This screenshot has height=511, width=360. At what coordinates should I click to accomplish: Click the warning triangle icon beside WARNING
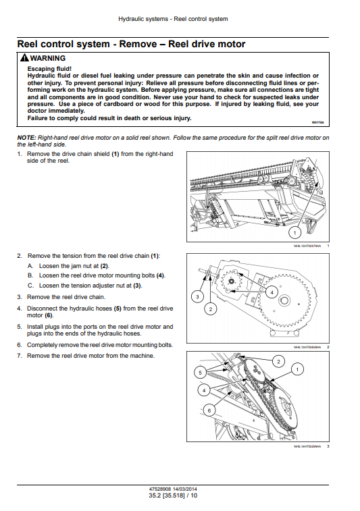[24, 58]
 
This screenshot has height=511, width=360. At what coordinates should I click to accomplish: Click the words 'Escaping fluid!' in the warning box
[49, 69]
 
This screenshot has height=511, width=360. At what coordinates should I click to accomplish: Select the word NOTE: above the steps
[26, 138]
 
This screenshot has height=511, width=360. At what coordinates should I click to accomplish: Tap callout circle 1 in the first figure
[295, 233]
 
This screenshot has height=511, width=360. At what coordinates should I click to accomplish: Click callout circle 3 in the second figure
[197, 296]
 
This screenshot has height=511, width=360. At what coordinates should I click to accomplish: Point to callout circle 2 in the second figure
[211, 309]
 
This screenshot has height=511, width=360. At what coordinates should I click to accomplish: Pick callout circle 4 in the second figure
[272, 292]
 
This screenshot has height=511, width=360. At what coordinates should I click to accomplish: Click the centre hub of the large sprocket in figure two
[285, 300]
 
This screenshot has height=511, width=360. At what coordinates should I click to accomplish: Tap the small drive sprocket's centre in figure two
[232, 281]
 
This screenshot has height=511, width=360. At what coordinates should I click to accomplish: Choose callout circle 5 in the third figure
[200, 373]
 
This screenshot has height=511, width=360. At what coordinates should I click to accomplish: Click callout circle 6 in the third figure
[209, 410]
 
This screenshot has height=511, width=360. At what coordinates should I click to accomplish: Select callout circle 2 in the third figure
[278, 361]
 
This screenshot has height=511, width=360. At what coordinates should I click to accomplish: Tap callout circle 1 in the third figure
[297, 369]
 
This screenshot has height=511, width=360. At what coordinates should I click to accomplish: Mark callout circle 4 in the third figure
[204, 390]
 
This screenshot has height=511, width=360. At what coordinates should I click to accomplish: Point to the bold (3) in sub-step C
[137, 286]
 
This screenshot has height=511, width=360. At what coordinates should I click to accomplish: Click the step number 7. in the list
[20, 356]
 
